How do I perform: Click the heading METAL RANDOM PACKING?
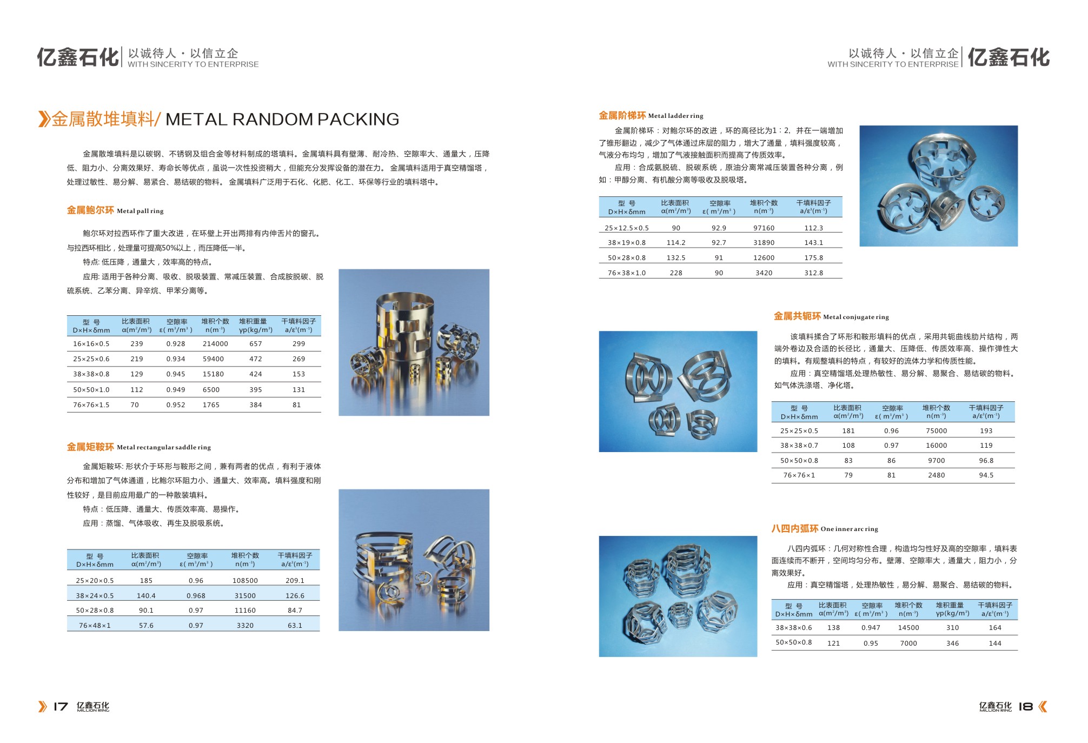point(282,119)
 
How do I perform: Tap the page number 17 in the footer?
point(61,706)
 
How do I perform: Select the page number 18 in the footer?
point(1026,706)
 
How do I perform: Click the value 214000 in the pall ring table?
point(215,344)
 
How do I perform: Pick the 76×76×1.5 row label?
point(91,405)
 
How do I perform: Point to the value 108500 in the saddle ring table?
point(245,581)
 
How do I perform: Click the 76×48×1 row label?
point(95,626)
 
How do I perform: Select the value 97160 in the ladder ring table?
point(764,228)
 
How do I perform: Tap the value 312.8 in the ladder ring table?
point(813,273)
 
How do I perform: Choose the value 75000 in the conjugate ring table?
point(937,431)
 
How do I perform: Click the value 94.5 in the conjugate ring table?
point(986,475)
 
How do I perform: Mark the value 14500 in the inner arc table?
point(908,628)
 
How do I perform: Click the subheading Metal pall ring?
point(140,211)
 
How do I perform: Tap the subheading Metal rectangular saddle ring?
point(164,447)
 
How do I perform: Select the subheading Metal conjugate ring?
point(856,317)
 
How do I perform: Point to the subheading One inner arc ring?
point(850,529)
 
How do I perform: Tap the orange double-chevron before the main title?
point(44,119)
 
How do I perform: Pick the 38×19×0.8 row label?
point(626,243)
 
